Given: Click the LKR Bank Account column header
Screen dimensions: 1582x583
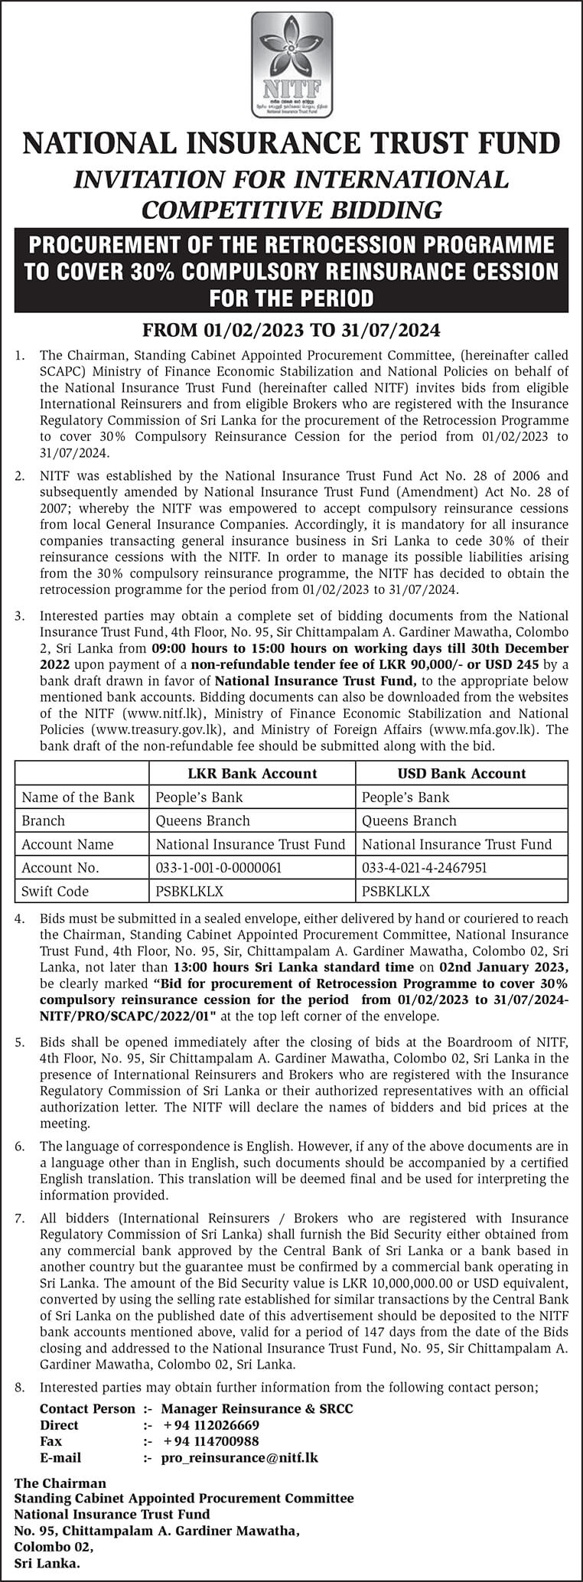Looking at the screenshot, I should [252, 773].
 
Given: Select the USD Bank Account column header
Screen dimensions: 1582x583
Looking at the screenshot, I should [461, 773].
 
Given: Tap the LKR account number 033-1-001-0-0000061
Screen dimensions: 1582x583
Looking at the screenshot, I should [219, 868].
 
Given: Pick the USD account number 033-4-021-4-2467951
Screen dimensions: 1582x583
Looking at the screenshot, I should [425, 868].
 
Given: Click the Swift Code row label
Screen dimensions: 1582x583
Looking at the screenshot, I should [55, 891].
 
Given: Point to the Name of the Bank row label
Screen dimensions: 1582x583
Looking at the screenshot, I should [78, 797].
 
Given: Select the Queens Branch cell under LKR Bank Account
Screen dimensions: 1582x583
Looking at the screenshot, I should [203, 820].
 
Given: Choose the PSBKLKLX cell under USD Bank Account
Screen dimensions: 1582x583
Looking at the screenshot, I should [396, 891].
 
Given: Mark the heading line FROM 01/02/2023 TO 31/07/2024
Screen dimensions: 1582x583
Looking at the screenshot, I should [291, 331].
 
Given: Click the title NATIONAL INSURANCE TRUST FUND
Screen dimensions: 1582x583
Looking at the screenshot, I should [291, 143].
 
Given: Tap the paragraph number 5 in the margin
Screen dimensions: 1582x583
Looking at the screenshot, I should [20, 1042].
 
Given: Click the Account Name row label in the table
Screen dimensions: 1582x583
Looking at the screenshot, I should [67, 844].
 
